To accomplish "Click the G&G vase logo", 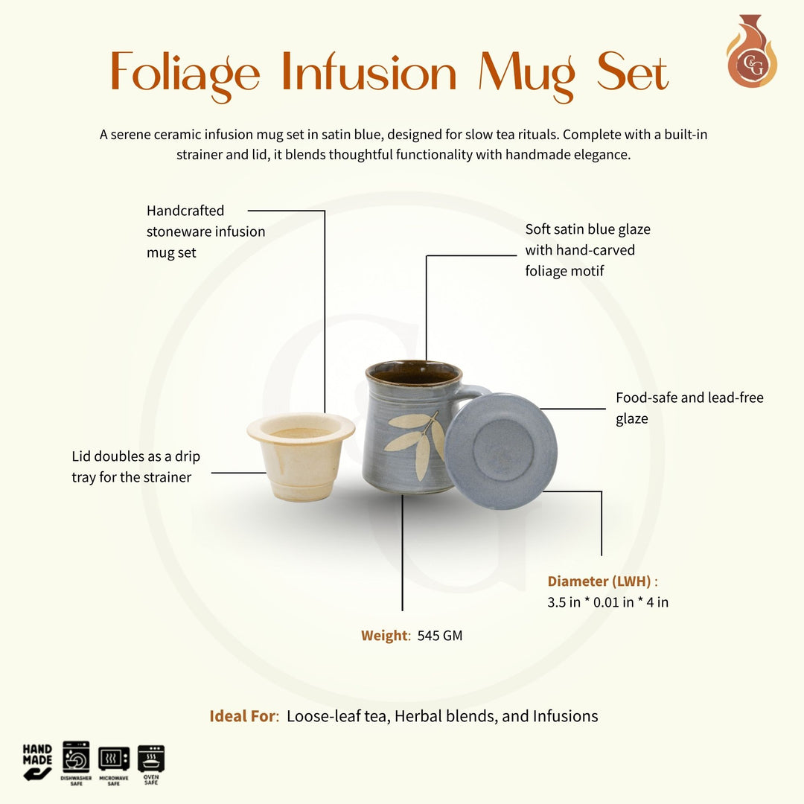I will pos(751,51).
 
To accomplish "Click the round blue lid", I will pos(501,451).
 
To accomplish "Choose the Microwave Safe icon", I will pos(114,760).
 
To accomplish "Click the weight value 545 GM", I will pos(439,636).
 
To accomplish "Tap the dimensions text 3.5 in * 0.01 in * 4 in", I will pos(607,602).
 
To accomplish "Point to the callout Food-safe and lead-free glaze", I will pos(689,408).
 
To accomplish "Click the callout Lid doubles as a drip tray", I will pos(135,467).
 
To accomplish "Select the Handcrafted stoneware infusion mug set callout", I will pos(205,232).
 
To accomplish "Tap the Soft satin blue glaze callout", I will pos(587,250).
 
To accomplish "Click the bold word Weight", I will pos(384,636).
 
